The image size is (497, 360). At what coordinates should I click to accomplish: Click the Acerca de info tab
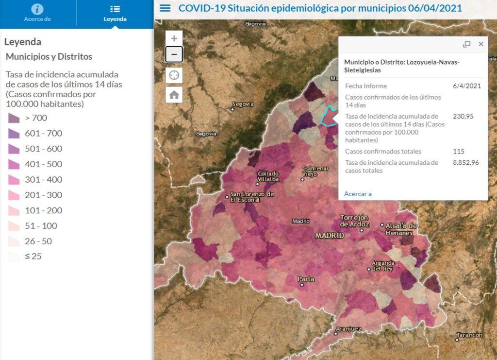(37, 13)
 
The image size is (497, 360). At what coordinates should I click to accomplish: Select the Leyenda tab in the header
(115, 13)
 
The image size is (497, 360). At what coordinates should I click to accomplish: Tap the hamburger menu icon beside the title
(165, 8)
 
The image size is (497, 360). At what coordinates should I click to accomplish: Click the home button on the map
(174, 95)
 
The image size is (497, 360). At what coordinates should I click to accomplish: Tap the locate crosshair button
(174, 75)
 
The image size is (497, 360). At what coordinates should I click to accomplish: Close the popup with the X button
(481, 44)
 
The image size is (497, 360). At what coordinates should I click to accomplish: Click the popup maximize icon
(466, 44)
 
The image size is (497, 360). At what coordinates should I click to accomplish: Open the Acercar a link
(358, 194)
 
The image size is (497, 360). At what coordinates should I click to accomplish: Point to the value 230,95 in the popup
(463, 116)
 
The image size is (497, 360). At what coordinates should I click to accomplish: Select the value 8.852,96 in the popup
(465, 162)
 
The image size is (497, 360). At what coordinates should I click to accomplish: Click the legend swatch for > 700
(14, 118)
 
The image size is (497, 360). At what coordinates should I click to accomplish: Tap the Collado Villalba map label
(268, 176)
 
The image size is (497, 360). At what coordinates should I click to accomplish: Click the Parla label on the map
(306, 279)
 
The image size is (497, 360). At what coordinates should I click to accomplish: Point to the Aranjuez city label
(348, 329)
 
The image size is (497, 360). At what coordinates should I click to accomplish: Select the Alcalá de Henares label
(401, 229)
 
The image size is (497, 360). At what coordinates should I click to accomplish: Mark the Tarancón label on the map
(469, 335)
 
